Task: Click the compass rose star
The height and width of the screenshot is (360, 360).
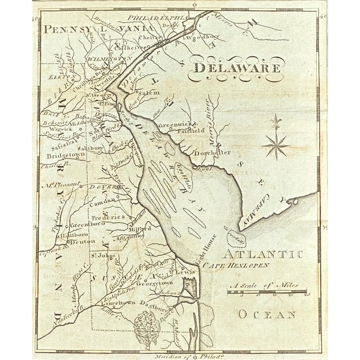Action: (x=276, y=141)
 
